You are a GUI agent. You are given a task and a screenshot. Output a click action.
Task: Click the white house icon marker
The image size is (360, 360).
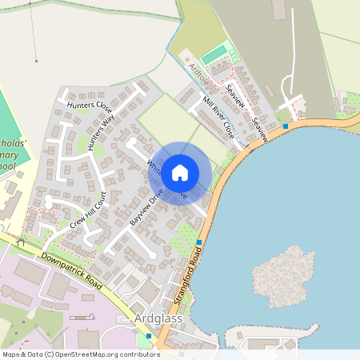(x=180, y=172)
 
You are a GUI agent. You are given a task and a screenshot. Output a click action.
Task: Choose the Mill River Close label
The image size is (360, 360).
(x=217, y=116)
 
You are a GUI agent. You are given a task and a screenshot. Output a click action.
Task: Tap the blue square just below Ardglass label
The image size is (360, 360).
(x=148, y=336)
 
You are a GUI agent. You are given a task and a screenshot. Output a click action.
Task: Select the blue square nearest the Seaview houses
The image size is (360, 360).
(x=286, y=126)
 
